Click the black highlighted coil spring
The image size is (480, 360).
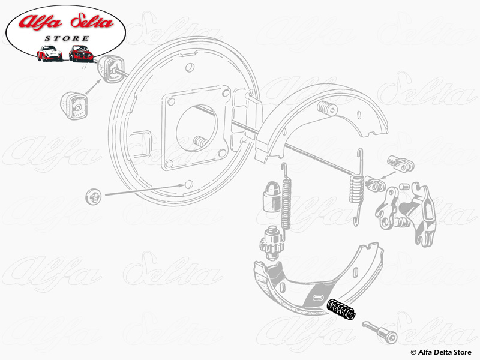coord(341,309)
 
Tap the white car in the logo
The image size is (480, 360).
coord(49,53)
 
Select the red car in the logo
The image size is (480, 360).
coord(80,53)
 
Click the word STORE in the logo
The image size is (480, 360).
coord(67,38)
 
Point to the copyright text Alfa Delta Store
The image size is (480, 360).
coord(441,352)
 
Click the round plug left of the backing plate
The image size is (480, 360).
coord(94,197)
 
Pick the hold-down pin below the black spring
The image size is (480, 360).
coord(380,332)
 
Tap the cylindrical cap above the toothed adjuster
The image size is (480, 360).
coord(272,197)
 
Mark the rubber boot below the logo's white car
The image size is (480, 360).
coord(110,69)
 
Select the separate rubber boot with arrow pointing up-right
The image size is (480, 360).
coord(74,106)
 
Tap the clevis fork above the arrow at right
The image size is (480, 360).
coord(401,163)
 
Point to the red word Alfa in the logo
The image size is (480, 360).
coord(40,22)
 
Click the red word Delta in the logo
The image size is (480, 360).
coord(92,21)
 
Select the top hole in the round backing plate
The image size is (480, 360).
coord(190,67)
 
